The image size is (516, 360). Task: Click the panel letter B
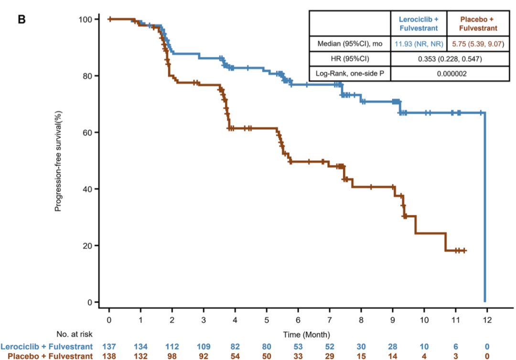[21, 20]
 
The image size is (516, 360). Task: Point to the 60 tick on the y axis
[86, 132]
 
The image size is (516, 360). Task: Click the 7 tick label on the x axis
[330, 318]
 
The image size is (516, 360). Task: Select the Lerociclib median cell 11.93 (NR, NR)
[419, 44]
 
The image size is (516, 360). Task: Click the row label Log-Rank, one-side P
[350, 74]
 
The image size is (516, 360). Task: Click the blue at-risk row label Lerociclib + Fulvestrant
[47, 346]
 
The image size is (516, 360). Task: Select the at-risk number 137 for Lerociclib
[109, 346]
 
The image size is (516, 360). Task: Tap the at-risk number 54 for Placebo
[235, 356]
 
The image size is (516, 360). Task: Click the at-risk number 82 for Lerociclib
[235, 346]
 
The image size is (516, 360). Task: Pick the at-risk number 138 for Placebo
[109, 356]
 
